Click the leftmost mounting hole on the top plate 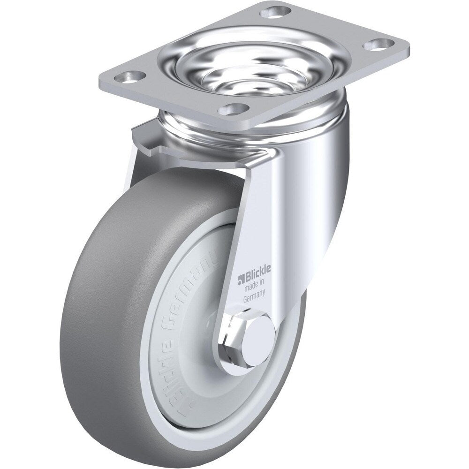[133, 75]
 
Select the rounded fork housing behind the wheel [324, 188]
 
